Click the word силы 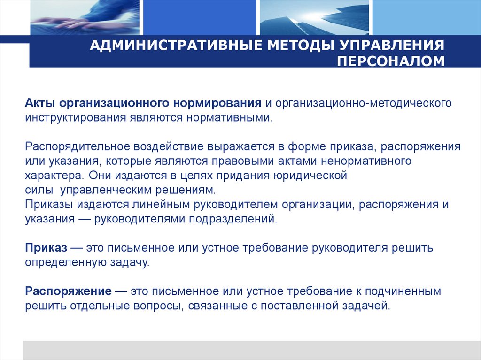37,191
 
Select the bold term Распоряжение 68,291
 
